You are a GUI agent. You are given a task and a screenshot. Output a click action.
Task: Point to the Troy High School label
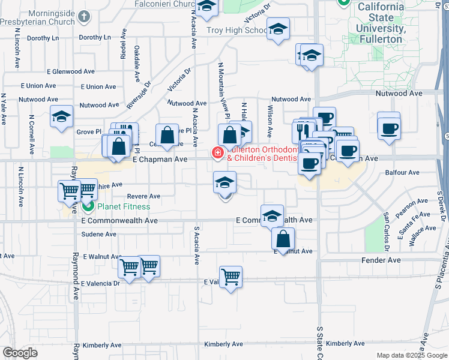[236, 30]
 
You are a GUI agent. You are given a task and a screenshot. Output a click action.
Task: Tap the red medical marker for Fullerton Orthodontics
[216, 154]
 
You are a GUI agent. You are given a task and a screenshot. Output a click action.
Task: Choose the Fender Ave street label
[381, 260]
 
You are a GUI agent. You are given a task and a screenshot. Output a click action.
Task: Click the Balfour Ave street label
[405, 173]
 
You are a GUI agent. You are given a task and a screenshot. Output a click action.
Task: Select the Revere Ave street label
[143, 196]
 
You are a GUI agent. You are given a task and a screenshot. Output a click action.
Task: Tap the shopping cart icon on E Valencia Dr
[231, 277]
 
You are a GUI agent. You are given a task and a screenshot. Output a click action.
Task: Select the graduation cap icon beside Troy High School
[278, 29]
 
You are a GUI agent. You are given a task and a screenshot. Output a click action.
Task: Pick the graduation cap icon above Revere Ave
[224, 182]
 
